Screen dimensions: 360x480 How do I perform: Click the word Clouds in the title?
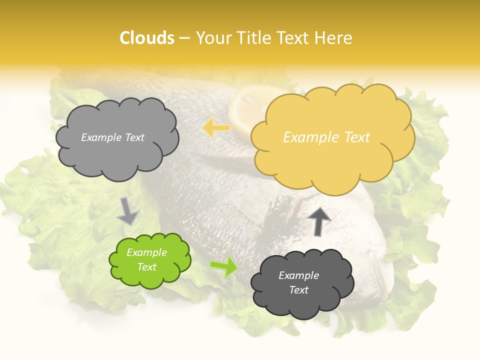click(x=147, y=38)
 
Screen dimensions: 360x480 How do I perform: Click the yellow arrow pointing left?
click(x=216, y=128)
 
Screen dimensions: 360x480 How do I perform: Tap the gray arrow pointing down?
click(x=127, y=211)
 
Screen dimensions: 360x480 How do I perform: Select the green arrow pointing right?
click(x=223, y=266)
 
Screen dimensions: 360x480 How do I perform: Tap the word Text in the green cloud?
click(x=147, y=267)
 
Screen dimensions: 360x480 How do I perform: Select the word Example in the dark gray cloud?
click(x=298, y=275)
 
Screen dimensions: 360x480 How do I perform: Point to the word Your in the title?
click(x=212, y=38)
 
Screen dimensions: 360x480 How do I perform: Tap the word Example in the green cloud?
click(x=147, y=252)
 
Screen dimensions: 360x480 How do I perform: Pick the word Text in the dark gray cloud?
click(x=298, y=290)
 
